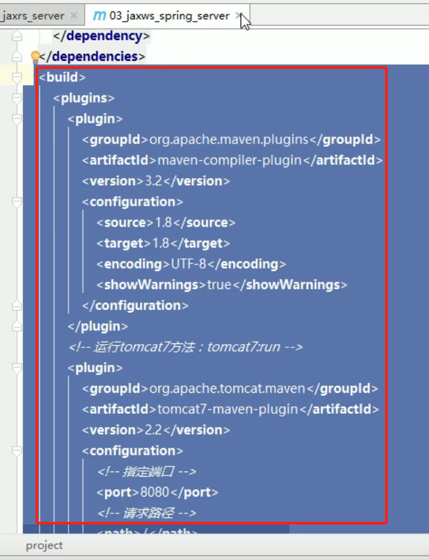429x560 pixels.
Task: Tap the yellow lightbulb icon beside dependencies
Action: click(35, 57)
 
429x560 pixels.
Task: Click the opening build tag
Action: click(62, 78)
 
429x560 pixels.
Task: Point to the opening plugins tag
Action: click(84, 98)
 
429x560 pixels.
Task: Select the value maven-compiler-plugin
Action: click(229, 160)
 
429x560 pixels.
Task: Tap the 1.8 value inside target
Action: click(161, 243)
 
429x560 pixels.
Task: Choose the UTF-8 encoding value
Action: click(189, 264)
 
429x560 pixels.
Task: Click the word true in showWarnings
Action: click(219, 284)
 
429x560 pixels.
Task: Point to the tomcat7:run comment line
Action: click(185, 347)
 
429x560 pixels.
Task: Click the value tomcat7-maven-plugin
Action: click(228, 409)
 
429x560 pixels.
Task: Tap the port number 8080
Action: click(152, 492)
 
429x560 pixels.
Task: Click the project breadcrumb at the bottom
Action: click(44, 545)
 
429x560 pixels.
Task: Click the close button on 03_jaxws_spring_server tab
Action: click(238, 15)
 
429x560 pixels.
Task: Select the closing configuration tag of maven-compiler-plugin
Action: click(135, 306)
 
